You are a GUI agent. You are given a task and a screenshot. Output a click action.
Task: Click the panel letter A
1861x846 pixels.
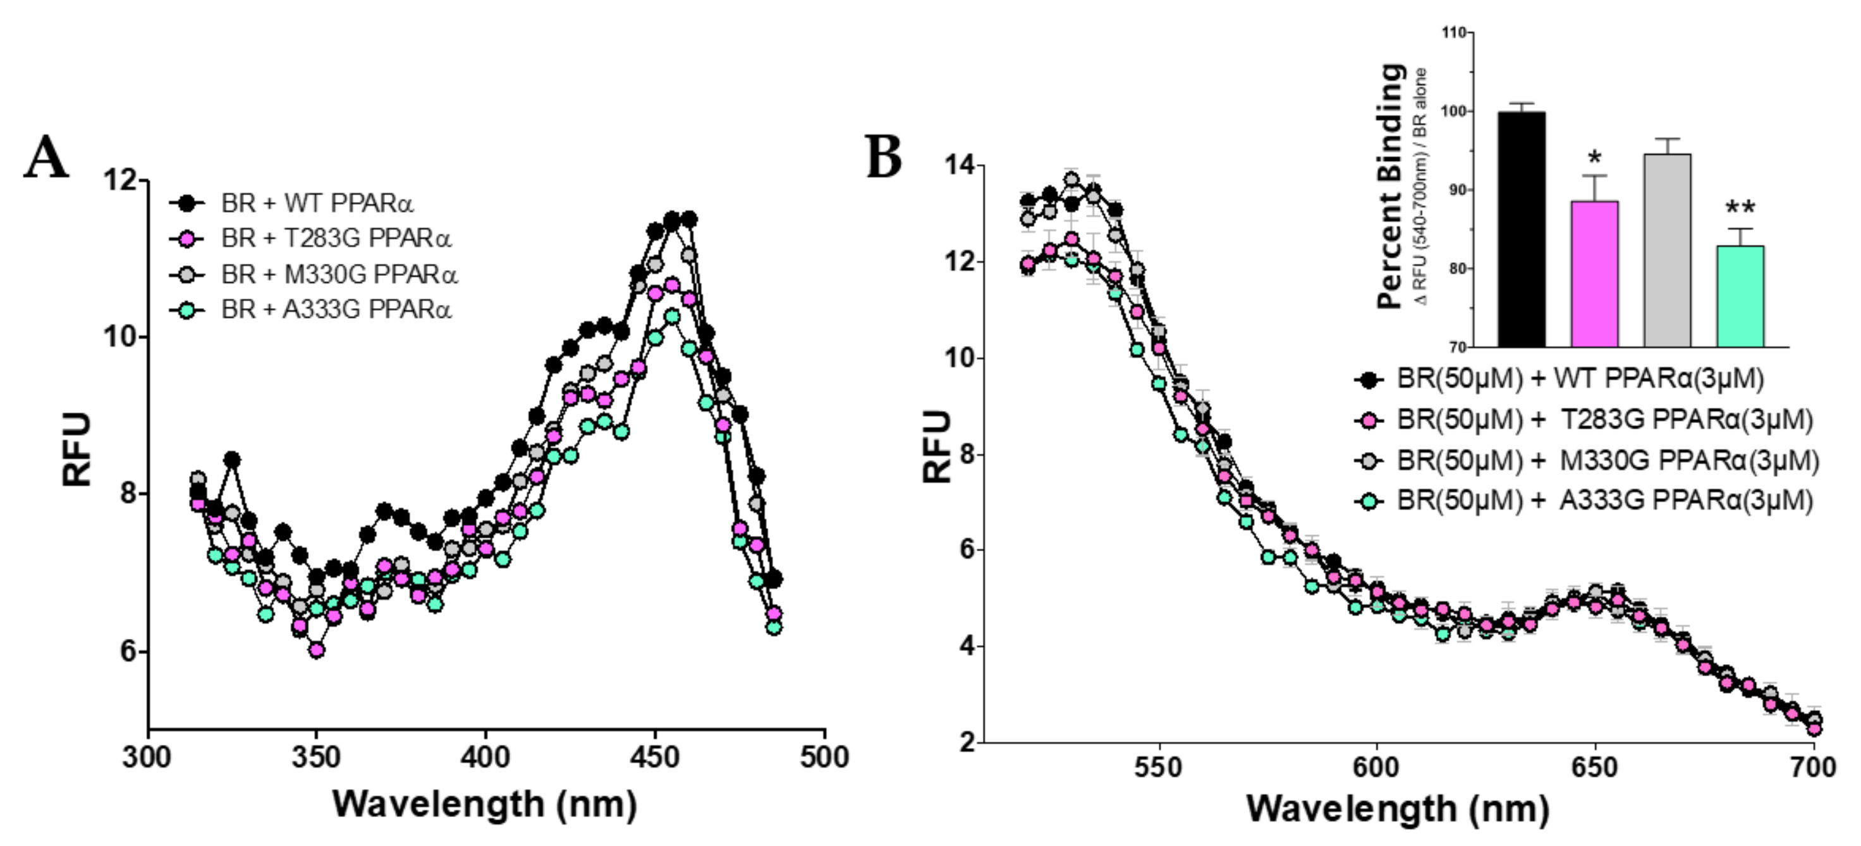(x=47, y=158)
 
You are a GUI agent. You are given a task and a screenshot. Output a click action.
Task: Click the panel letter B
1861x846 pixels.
(x=884, y=157)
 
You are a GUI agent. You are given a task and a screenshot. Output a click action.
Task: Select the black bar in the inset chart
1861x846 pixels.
(x=1522, y=230)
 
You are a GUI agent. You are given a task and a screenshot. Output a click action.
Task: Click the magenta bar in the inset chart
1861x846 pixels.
(x=1594, y=274)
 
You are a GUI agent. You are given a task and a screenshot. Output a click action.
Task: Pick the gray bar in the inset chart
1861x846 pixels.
(x=1667, y=251)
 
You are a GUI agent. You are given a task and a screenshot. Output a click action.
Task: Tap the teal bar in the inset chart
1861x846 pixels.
(x=1740, y=296)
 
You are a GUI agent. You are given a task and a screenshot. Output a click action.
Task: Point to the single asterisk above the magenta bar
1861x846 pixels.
(x=1594, y=159)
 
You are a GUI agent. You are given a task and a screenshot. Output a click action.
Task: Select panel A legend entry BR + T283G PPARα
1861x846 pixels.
(x=336, y=239)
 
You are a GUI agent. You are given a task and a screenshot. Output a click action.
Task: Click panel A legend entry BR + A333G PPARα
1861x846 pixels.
(x=336, y=309)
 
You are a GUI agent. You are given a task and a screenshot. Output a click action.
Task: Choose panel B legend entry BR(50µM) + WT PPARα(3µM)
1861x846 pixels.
(x=1579, y=378)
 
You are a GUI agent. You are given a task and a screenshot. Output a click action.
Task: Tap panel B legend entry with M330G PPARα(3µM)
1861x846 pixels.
(x=1607, y=460)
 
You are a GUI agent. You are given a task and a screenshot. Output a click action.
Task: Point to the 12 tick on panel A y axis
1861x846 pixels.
(x=120, y=180)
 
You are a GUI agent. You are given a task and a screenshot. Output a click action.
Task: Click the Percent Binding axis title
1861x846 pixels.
(x=1391, y=186)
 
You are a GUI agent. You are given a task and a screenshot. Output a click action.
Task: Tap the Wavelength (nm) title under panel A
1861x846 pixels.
(x=485, y=804)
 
